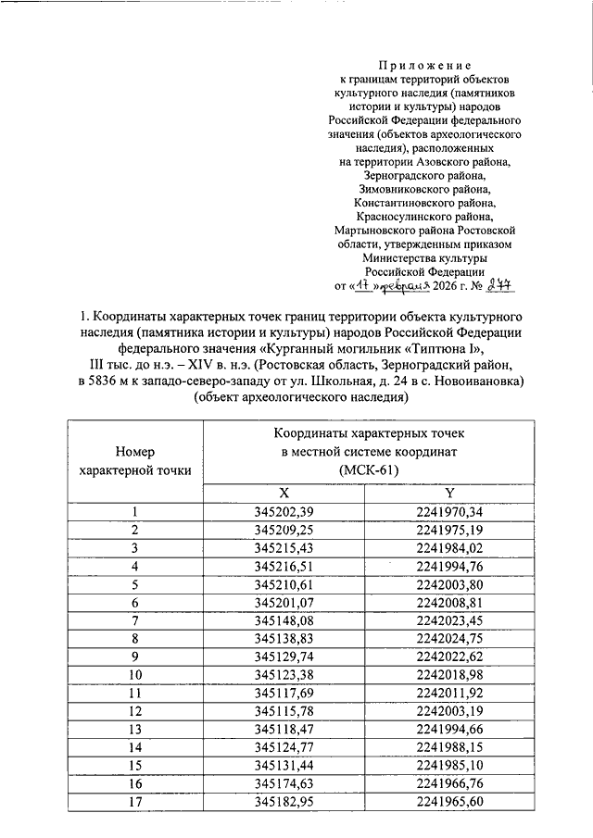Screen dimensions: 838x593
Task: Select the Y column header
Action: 449,494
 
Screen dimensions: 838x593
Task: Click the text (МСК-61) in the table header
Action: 367,470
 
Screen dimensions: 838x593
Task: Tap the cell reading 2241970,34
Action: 449,512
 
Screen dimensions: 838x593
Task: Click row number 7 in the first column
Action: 135,619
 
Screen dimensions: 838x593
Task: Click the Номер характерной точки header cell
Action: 135,460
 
